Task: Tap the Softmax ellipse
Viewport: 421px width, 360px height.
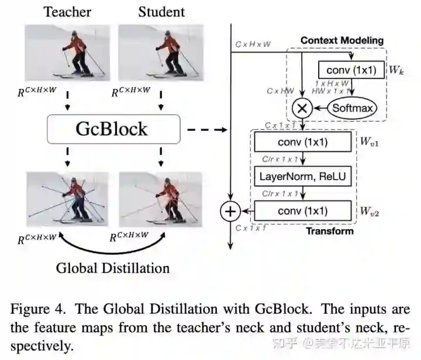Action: (353, 108)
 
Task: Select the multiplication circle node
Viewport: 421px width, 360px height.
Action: (302, 108)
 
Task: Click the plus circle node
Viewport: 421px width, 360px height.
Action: (230, 211)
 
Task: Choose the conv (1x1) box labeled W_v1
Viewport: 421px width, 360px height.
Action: (302, 142)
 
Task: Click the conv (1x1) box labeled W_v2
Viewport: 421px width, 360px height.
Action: (302, 211)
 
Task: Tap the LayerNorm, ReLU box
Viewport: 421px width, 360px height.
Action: (302, 176)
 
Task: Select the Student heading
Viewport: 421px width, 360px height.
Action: (161, 12)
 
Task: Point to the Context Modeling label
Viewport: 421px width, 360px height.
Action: (342, 40)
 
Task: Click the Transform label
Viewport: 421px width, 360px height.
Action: (329, 231)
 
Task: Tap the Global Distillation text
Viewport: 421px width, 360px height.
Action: (113, 268)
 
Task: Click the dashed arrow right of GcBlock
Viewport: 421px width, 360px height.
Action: (208, 129)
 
